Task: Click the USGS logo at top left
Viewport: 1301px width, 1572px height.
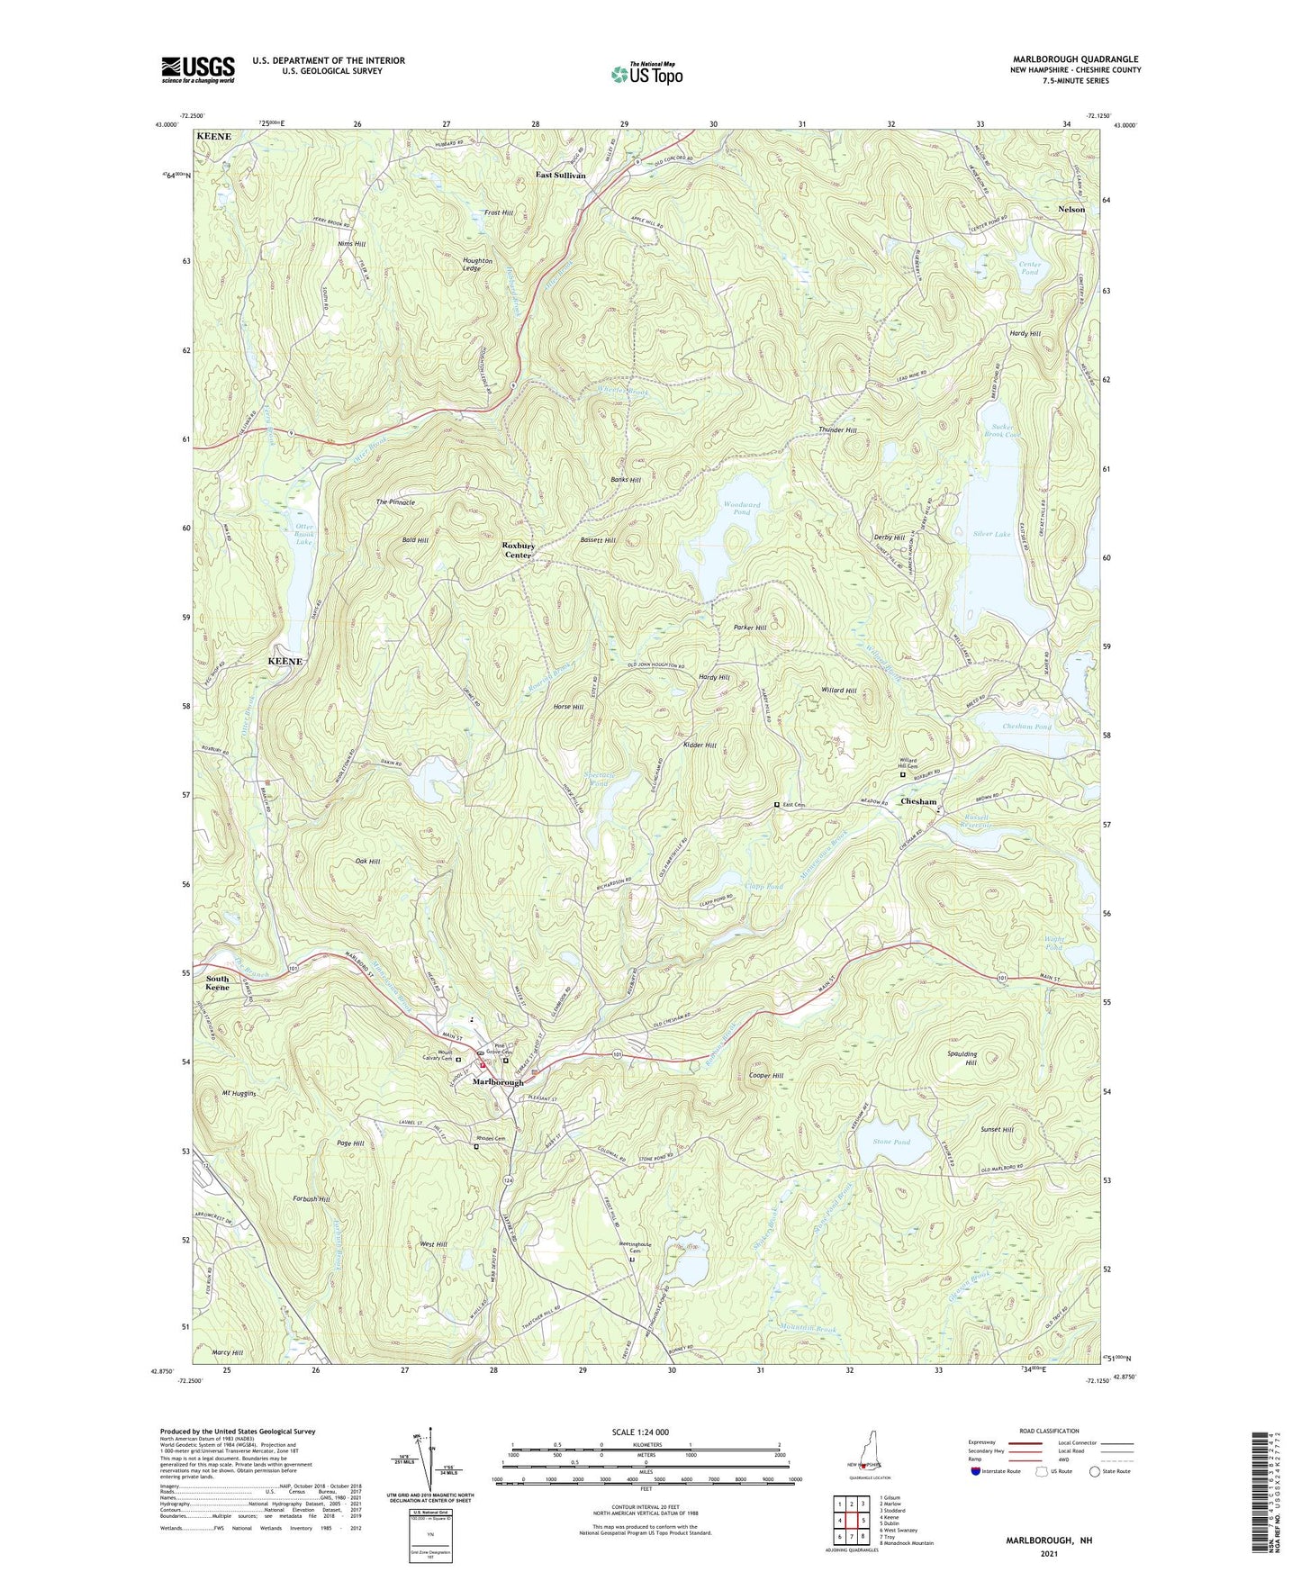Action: (198, 69)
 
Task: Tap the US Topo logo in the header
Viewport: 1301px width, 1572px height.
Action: (646, 73)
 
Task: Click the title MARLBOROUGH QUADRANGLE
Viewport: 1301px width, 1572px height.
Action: (1075, 59)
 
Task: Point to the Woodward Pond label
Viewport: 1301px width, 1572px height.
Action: (742, 509)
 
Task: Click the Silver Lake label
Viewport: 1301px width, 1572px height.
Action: (991, 534)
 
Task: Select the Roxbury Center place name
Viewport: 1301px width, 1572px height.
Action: (519, 550)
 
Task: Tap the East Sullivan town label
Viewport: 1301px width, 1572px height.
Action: (561, 175)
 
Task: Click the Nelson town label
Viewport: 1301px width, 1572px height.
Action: (1071, 209)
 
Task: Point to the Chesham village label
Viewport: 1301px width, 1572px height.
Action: (918, 801)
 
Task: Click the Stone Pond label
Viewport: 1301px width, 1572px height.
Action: (891, 1143)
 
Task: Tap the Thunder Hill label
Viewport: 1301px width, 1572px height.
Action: (837, 430)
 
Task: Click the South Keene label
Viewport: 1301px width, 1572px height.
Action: (217, 983)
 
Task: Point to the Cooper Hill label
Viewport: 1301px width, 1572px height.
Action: (766, 1075)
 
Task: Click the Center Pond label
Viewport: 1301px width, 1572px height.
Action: (1029, 268)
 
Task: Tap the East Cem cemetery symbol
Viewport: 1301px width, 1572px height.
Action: (777, 805)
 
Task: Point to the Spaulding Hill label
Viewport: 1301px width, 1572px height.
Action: (962, 1058)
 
